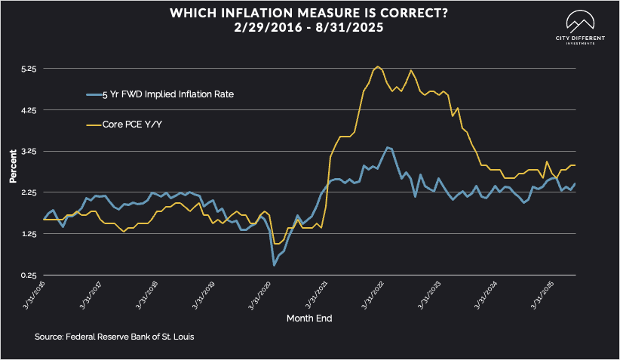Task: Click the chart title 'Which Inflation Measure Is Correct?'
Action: click(x=309, y=14)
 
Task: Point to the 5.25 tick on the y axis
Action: click(x=28, y=69)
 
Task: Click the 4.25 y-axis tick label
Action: click(x=28, y=110)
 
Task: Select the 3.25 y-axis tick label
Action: click(x=28, y=151)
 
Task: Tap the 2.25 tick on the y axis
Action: click(x=28, y=192)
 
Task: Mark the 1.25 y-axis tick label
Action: click(x=28, y=234)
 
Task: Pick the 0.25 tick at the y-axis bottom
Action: click(x=28, y=275)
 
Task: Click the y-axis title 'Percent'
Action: click(x=13, y=171)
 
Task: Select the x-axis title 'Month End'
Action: click(x=309, y=318)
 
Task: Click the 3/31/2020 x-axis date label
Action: click(x=258, y=294)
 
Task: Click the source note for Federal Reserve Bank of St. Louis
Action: click(x=110, y=336)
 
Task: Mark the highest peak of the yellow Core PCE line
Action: click(x=377, y=66)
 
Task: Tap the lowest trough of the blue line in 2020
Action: click(x=274, y=265)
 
